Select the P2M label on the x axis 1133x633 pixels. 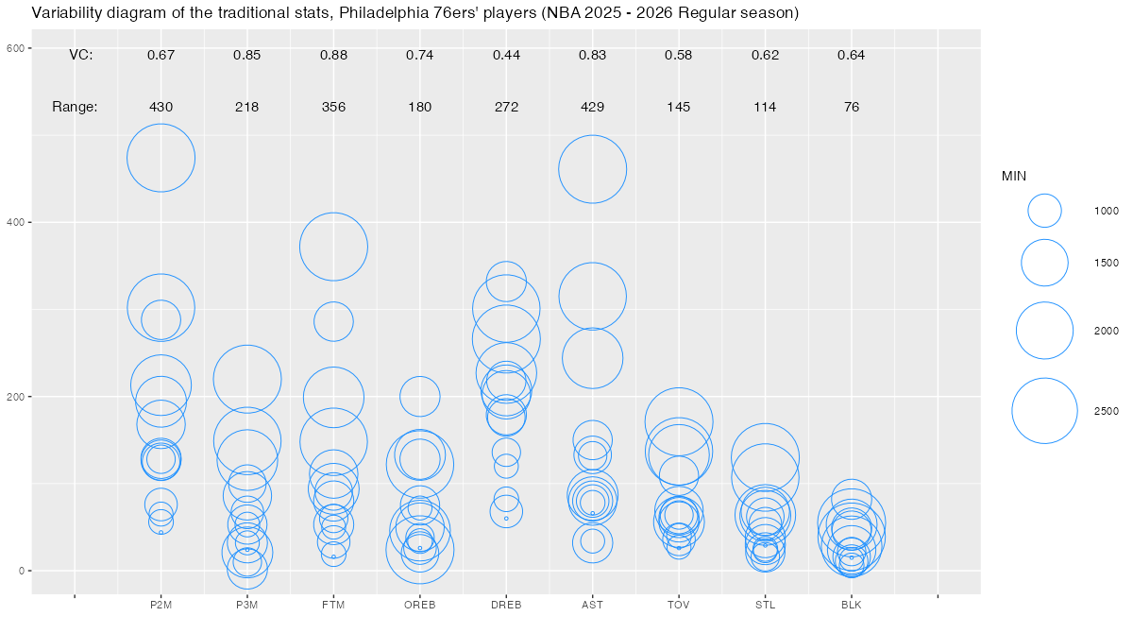pos(161,605)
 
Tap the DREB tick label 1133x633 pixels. pos(506,605)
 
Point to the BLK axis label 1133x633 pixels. pos(852,605)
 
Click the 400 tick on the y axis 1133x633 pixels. pos(16,222)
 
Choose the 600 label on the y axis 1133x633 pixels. pos(16,48)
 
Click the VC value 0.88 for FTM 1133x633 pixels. pos(333,55)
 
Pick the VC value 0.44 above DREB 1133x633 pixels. pos(506,55)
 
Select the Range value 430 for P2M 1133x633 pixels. pos(161,107)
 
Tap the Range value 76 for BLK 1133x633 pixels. pos(852,107)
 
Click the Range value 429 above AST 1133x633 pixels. pos(593,107)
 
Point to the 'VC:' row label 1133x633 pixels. pos(81,55)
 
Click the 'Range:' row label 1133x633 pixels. pos(75,107)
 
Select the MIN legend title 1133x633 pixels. pos(1014,176)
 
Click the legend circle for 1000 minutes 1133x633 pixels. pos(1044,211)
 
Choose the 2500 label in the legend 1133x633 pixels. pos(1107,411)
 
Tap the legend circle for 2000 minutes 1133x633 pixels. pos(1044,331)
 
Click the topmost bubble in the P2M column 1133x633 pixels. pos(161,158)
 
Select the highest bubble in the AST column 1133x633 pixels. pos(593,169)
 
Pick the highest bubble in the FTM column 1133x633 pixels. pos(333,247)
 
